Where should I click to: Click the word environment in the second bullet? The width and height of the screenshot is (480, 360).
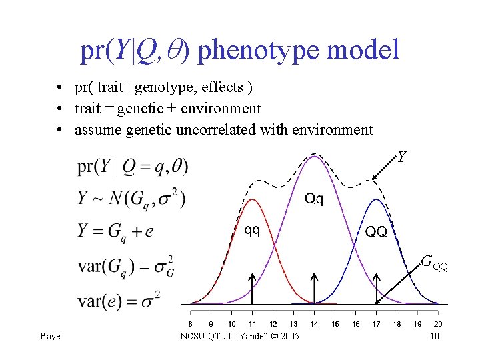click(x=224, y=109)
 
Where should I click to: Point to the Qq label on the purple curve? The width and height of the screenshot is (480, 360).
click(x=314, y=199)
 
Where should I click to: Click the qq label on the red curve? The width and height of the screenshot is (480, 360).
click(x=252, y=230)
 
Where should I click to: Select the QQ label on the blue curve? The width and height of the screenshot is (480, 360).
click(x=376, y=231)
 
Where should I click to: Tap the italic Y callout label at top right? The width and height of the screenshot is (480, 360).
click(x=402, y=157)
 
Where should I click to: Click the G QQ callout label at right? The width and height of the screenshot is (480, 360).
click(x=434, y=263)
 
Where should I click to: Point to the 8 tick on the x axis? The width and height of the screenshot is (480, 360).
click(x=191, y=324)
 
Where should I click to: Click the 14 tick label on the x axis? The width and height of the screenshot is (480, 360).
click(x=314, y=324)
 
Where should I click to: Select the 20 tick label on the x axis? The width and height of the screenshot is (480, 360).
click(x=438, y=324)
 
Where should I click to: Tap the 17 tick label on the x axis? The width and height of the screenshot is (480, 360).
click(x=376, y=324)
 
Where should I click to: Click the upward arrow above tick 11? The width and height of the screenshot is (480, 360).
click(x=252, y=287)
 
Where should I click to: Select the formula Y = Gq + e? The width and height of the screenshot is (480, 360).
click(x=115, y=231)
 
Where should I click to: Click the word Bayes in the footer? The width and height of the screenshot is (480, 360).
click(x=52, y=337)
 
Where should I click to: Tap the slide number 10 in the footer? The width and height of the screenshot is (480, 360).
click(x=434, y=337)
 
